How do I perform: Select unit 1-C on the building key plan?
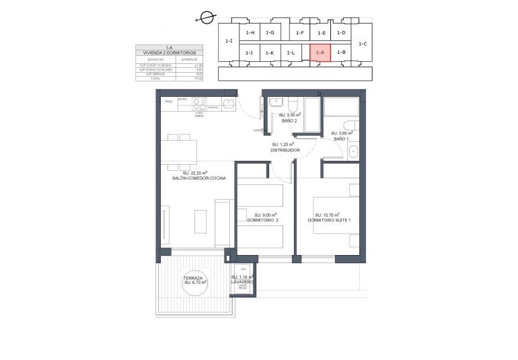(362, 43)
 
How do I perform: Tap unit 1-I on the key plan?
(229, 41)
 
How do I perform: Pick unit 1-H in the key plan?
(250, 32)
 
